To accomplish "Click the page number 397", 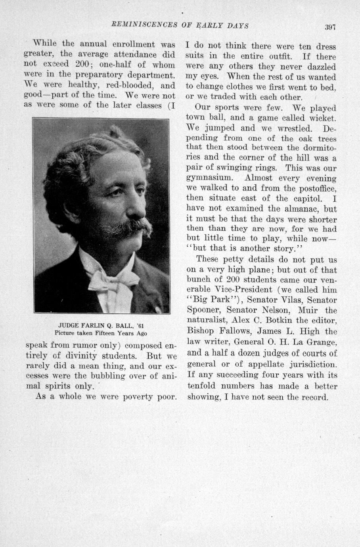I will point(330,27).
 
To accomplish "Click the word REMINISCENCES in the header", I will point(144,26).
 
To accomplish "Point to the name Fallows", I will point(232,331).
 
